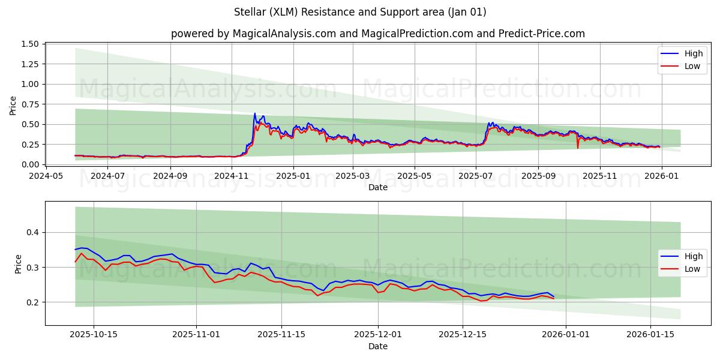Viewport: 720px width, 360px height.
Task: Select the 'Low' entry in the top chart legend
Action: [x=692, y=66]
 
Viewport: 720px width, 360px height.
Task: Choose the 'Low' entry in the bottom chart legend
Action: [x=692, y=269]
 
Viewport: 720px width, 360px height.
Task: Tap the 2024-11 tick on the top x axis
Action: [x=232, y=176]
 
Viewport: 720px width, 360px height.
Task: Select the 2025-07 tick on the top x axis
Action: [x=475, y=176]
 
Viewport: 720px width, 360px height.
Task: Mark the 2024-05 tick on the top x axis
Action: [x=46, y=176]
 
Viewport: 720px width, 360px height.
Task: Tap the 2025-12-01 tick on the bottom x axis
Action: [x=378, y=334]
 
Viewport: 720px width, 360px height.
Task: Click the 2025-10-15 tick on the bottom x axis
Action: [x=93, y=334]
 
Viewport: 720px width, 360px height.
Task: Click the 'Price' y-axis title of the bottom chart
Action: [x=18, y=264]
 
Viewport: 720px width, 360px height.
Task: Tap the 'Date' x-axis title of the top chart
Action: [x=377, y=187]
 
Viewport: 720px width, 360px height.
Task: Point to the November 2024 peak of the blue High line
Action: [x=254, y=113]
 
